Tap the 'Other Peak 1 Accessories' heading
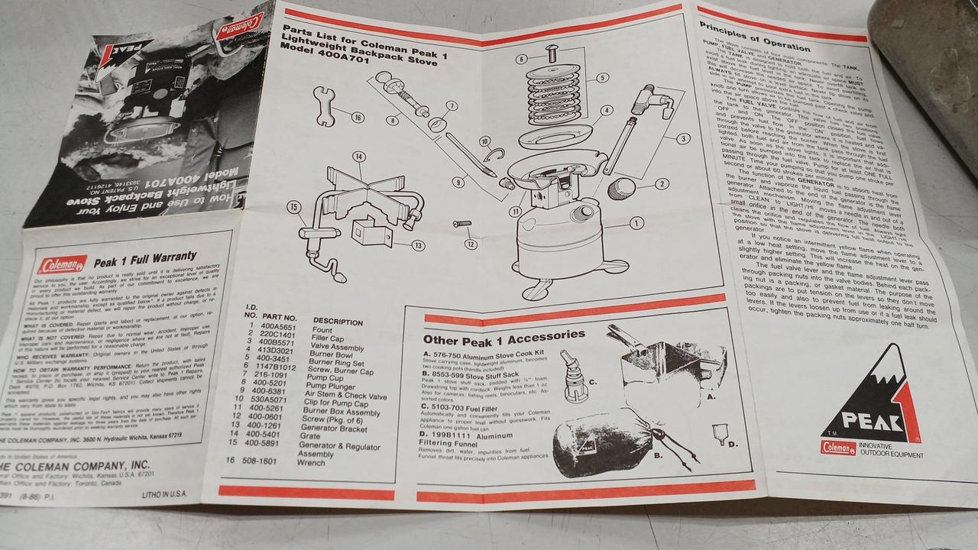(504, 336)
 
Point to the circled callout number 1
(635, 222)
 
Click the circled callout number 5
(602, 77)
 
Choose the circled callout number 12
(471, 244)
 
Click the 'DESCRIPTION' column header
(338, 321)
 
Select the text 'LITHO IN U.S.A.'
(166, 495)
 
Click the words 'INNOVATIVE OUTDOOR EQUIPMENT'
(892, 450)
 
